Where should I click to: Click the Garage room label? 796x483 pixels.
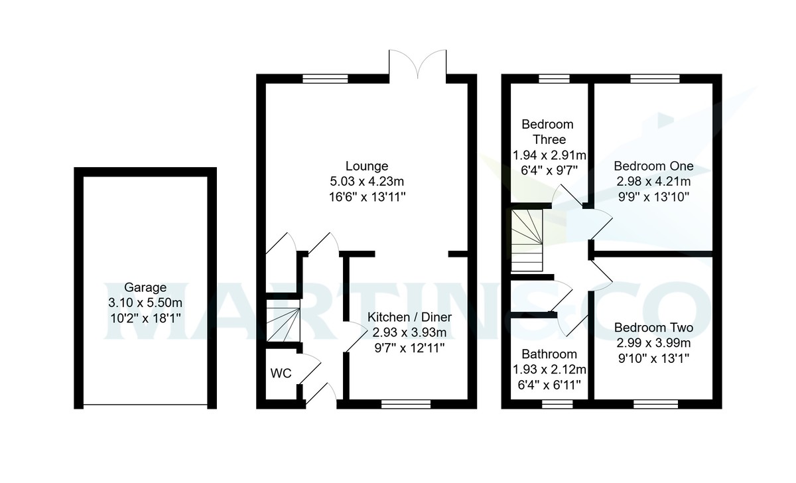pos(145,288)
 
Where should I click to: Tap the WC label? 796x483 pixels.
pos(281,374)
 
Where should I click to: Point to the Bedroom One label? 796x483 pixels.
pos(653,166)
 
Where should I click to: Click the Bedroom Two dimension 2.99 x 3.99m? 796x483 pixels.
pos(653,343)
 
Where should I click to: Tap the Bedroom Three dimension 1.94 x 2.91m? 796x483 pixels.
pos(549,155)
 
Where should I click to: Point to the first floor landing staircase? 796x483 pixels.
pos(527,240)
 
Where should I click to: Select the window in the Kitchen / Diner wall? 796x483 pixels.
pos(406,403)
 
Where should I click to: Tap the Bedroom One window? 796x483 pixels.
pos(654,78)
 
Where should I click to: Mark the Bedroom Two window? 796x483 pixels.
pos(655,403)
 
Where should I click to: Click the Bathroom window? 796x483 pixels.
pos(557,403)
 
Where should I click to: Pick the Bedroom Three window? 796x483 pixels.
pos(550,78)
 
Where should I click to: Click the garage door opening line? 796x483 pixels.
pos(145,405)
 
